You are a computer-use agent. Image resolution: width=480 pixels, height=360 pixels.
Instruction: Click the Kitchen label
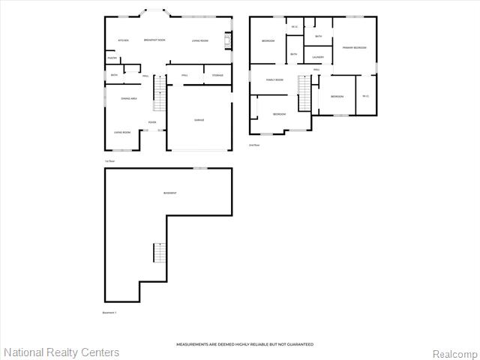[124, 40]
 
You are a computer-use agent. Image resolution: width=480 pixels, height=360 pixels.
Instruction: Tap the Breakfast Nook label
[154, 40]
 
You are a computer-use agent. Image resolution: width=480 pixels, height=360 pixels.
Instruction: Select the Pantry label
[112, 58]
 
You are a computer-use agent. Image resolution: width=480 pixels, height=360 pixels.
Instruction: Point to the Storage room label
[217, 76]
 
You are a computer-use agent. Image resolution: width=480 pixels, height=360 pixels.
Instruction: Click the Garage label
[199, 120]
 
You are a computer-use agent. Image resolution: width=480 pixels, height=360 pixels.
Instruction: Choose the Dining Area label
[129, 98]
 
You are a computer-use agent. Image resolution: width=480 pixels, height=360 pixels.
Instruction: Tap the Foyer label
[151, 123]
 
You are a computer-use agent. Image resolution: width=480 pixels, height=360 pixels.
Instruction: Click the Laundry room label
[318, 57]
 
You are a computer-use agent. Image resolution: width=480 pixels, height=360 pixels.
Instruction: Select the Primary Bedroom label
[354, 47]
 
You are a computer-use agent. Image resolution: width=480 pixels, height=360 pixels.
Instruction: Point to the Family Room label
[274, 79]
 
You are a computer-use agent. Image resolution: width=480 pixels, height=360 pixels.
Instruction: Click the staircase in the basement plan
[158, 253]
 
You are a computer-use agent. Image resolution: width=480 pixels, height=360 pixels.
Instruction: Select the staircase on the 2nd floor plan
[304, 92]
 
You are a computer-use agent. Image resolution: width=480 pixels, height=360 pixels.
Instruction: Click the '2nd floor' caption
[254, 145]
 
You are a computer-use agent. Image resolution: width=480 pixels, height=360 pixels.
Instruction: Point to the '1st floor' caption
[109, 160]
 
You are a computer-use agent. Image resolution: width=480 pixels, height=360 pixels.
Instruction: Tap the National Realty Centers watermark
[61, 352]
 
